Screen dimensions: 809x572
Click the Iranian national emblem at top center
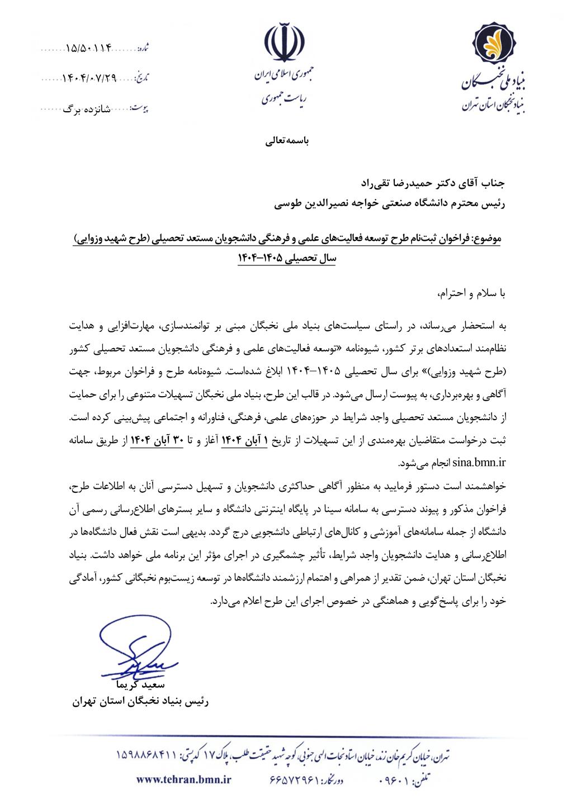point(285,43)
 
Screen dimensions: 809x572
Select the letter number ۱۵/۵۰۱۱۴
point(89,48)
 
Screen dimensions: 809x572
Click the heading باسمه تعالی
point(286,142)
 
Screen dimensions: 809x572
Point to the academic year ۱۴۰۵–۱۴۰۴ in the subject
point(286,259)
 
